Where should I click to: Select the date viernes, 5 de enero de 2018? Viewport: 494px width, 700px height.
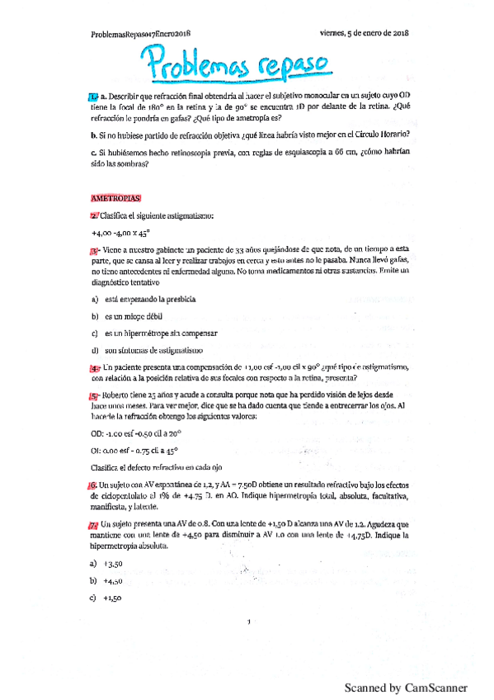point(364,33)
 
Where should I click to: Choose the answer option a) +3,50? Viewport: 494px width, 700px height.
point(108,563)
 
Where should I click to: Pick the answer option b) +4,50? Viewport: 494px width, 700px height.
point(108,581)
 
